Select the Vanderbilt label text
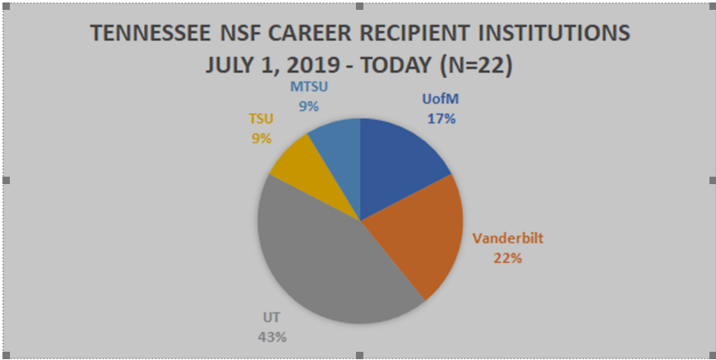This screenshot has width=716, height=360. click(507, 240)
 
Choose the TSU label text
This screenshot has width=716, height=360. click(261, 121)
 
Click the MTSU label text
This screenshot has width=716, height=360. click(309, 87)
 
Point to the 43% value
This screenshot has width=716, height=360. click(275, 336)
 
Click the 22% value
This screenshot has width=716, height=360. click(507, 258)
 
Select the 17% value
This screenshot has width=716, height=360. click(441, 118)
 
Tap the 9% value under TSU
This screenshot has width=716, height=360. click(261, 139)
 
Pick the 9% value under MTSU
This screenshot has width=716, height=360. click(309, 105)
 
